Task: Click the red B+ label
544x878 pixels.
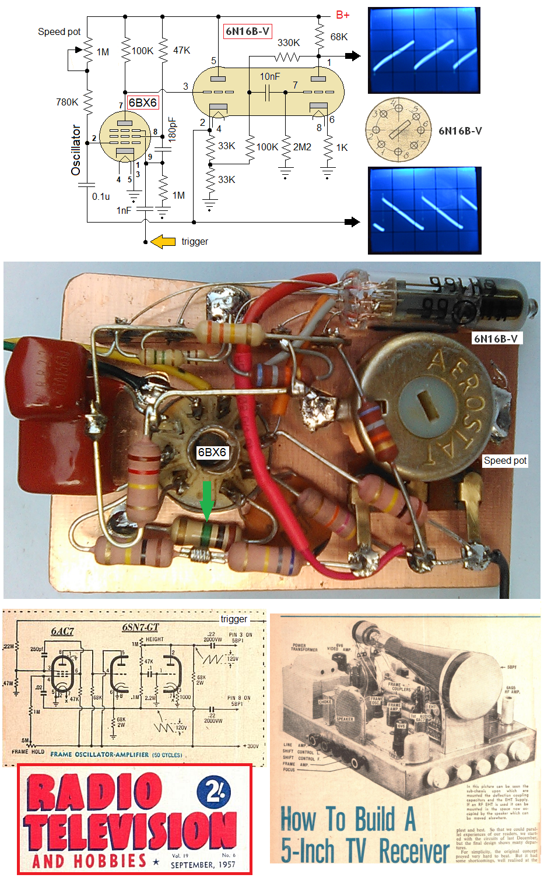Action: [x=343, y=15]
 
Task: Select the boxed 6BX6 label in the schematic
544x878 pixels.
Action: [x=142, y=103]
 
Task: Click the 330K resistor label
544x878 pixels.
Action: [x=289, y=43]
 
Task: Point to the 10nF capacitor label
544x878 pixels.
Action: [x=270, y=76]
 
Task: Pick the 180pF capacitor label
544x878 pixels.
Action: [x=172, y=129]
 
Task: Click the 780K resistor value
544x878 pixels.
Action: [x=67, y=102]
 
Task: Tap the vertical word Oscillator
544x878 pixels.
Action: [x=76, y=150]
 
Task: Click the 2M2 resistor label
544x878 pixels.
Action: [x=302, y=147]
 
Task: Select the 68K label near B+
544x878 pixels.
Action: [x=339, y=37]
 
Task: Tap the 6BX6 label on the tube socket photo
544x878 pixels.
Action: [x=212, y=452]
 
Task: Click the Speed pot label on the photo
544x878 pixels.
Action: [x=505, y=460]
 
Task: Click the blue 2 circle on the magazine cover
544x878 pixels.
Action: [x=213, y=793]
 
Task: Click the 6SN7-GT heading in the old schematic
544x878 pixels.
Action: [x=141, y=627]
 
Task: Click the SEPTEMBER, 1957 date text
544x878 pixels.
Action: [x=203, y=865]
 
